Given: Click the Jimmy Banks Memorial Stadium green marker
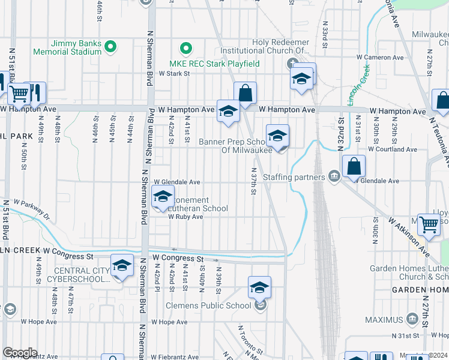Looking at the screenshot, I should point(110,46).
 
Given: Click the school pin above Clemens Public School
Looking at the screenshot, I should point(259,287).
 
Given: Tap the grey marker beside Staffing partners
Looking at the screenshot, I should point(334,176).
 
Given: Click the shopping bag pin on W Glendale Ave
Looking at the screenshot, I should point(355,166).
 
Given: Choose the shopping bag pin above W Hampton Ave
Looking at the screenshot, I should point(245,93).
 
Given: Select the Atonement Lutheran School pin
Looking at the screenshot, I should point(162,197).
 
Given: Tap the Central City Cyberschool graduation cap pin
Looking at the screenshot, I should point(122,266).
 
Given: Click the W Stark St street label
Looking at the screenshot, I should point(174,73).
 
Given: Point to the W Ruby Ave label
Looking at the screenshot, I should point(185,217).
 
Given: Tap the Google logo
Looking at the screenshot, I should point(20,353).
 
